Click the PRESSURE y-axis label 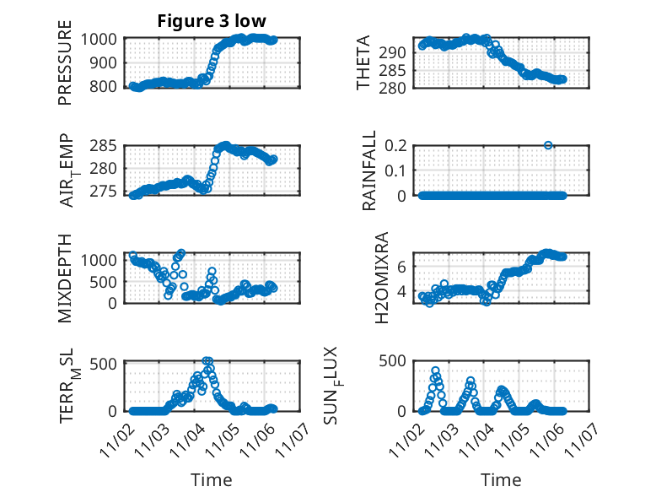coord(65,63)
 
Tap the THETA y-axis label coord(363,63)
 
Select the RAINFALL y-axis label coord(368,171)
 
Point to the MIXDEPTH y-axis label coord(65,278)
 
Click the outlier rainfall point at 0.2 coord(548,145)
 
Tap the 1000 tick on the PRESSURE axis coord(102,39)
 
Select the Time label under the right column coord(501,480)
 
